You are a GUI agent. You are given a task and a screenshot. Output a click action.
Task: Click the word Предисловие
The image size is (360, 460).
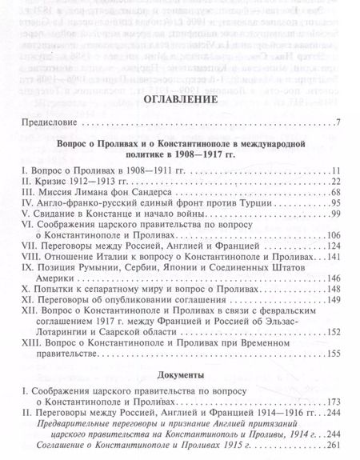tap(48, 124)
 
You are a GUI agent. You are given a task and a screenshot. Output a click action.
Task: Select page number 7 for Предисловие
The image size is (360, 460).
tap(338, 124)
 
